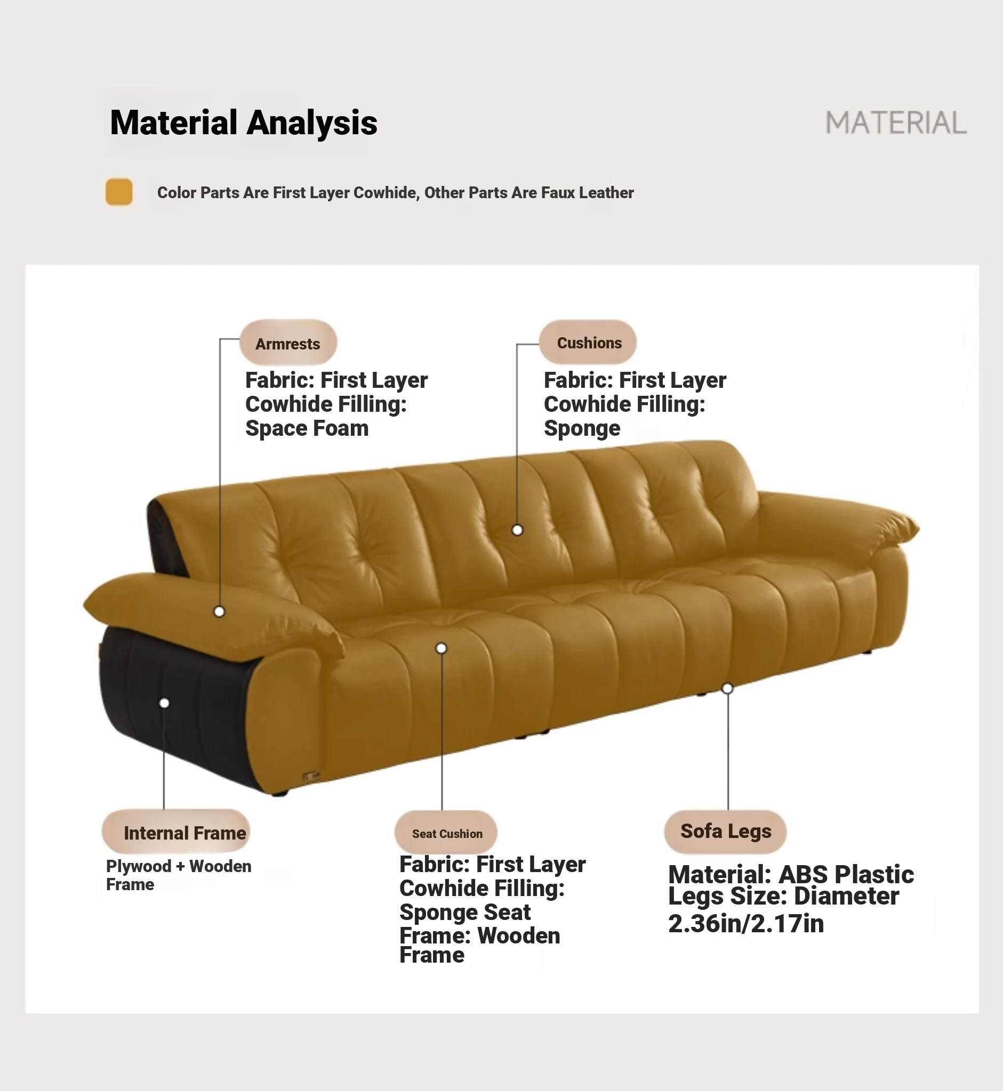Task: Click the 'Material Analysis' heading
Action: click(243, 123)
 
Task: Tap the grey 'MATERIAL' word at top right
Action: click(895, 123)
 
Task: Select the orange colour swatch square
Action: click(119, 192)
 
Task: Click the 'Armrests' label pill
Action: click(288, 343)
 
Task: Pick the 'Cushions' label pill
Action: click(588, 342)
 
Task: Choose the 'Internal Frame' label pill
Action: click(176, 832)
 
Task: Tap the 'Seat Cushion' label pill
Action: click(446, 833)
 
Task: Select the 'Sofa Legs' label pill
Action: click(725, 832)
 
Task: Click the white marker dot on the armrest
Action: click(219, 612)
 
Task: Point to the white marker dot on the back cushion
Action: click(517, 530)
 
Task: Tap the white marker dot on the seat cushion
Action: click(442, 648)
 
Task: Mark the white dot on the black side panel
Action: click(164, 703)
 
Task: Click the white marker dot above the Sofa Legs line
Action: click(727, 689)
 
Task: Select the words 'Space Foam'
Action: click(307, 428)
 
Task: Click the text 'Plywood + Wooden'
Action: click(179, 866)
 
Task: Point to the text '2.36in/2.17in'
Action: click(746, 923)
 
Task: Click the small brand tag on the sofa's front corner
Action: click(311, 776)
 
